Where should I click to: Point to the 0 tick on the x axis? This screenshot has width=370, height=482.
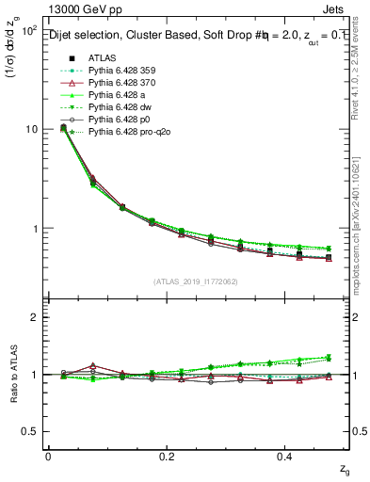coord(48,456)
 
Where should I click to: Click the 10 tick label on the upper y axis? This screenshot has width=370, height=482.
coord(28,129)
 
